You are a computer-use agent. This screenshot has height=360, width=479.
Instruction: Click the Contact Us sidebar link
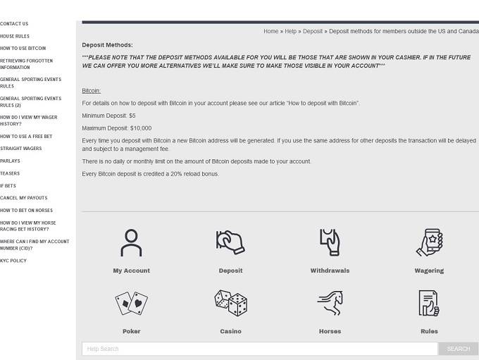(x=14, y=24)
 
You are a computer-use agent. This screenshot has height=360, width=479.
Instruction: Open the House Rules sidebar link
(x=15, y=36)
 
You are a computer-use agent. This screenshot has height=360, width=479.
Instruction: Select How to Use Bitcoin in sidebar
(x=23, y=49)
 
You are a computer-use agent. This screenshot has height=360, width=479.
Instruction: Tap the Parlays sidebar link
(x=10, y=161)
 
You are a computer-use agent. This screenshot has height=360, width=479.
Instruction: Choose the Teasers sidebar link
(x=10, y=173)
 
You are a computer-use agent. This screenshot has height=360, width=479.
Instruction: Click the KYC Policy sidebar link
(x=13, y=261)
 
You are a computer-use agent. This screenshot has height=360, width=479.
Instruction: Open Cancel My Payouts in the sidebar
(x=23, y=198)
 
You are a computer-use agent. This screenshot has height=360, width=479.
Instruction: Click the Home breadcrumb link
(x=270, y=32)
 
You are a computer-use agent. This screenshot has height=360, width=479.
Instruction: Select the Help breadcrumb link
(x=290, y=32)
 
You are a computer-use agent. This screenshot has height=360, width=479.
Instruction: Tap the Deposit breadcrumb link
(x=313, y=32)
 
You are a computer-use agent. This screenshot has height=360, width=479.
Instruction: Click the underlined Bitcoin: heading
(x=91, y=91)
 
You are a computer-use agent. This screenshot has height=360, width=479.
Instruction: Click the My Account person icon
(x=131, y=242)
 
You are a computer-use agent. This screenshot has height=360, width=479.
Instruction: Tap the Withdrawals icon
(x=330, y=242)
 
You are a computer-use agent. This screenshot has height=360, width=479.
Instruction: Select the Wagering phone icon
(x=429, y=242)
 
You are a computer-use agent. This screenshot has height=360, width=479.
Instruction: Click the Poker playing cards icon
(x=131, y=304)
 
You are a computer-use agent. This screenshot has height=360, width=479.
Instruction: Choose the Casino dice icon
(x=230, y=304)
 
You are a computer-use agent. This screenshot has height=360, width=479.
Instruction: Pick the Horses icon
(x=330, y=304)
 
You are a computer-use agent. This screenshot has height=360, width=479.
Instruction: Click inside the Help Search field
(x=259, y=349)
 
